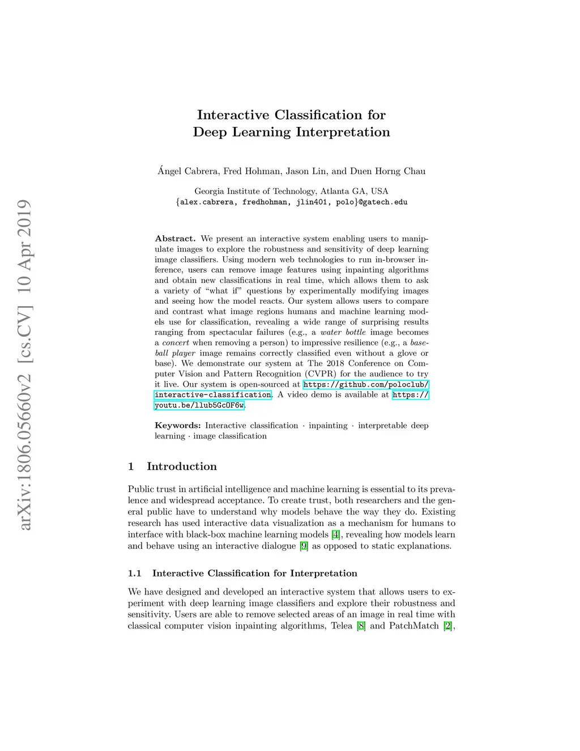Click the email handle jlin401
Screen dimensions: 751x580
click(311, 202)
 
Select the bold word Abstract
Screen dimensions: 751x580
click(175, 239)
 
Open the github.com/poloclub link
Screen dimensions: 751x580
click(365, 384)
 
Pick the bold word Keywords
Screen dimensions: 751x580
click(177, 426)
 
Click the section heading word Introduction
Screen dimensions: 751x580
click(182, 466)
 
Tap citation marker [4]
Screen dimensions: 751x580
click(336, 534)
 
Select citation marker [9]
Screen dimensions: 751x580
click(304, 546)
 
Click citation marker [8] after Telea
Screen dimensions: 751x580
click(361, 626)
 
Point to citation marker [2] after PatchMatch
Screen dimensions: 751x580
click(448, 626)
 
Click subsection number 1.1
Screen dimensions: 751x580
click(134, 573)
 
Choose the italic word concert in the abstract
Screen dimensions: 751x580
click(176, 343)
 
